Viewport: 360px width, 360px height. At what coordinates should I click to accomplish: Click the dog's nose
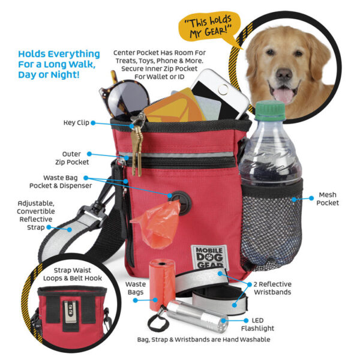tap(284, 74)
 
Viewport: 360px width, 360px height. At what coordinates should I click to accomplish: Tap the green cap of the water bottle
tap(271, 110)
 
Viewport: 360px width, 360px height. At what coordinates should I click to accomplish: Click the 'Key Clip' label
tap(76, 122)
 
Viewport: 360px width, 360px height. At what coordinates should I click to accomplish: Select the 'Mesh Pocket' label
tap(328, 199)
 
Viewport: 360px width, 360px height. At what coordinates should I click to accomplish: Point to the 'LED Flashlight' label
tap(257, 325)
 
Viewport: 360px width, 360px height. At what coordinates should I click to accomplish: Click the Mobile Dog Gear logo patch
tap(209, 257)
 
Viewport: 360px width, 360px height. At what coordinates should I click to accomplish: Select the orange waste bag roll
tap(161, 284)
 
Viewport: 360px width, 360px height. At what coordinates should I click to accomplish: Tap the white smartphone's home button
tap(223, 89)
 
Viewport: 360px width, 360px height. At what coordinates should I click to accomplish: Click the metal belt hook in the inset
tap(70, 311)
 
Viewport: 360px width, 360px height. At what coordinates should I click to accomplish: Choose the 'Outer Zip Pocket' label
tap(72, 158)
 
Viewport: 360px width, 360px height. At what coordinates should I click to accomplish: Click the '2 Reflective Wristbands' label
tap(272, 288)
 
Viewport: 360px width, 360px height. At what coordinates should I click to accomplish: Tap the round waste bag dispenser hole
tap(182, 202)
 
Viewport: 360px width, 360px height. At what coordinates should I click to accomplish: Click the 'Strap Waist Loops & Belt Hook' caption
tap(73, 274)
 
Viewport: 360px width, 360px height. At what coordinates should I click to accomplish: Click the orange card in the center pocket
tap(174, 107)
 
